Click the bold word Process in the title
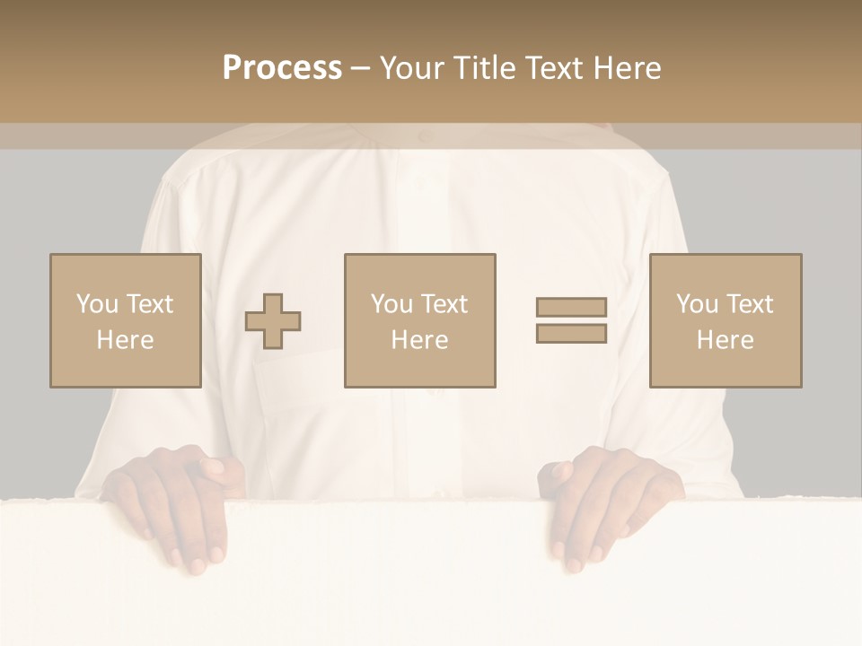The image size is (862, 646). [282, 68]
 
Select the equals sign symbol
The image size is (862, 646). [571, 320]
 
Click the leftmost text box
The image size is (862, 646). [125, 320]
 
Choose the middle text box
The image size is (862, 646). [419, 320]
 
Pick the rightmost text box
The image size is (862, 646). [725, 320]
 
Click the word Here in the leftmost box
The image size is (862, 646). [125, 340]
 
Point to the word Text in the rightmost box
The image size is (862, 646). [749, 304]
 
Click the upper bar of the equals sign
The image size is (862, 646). [571, 307]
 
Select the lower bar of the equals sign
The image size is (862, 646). [571, 334]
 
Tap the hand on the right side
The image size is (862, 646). [615, 502]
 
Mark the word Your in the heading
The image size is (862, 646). [410, 68]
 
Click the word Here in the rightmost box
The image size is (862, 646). [725, 340]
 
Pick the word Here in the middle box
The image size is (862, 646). [419, 340]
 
